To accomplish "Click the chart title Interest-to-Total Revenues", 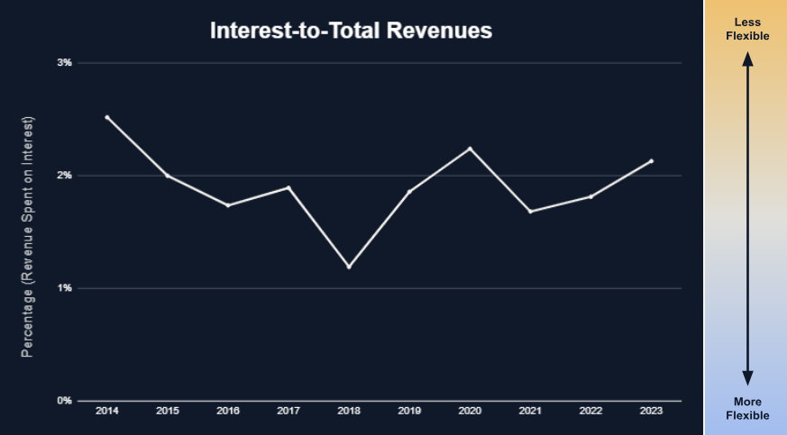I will (351, 30).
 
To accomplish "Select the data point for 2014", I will (107, 117).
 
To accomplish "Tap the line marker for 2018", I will (349, 267).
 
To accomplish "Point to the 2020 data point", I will (470, 149).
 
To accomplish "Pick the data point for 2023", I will (651, 161).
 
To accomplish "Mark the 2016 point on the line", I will (228, 205).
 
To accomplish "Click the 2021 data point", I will (530, 212).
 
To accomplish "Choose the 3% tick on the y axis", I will (64, 63).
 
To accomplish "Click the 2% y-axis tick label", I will (64, 176).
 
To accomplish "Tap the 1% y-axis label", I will (64, 288).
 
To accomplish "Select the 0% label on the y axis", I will (64, 401).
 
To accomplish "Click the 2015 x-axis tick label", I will (168, 412).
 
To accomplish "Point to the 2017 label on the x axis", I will (288, 412).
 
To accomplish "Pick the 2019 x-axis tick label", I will (409, 412).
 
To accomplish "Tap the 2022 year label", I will (590, 412).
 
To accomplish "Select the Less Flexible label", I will (746, 30).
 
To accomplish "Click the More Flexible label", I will (747, 408).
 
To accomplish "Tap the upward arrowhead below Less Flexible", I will (747, 59).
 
